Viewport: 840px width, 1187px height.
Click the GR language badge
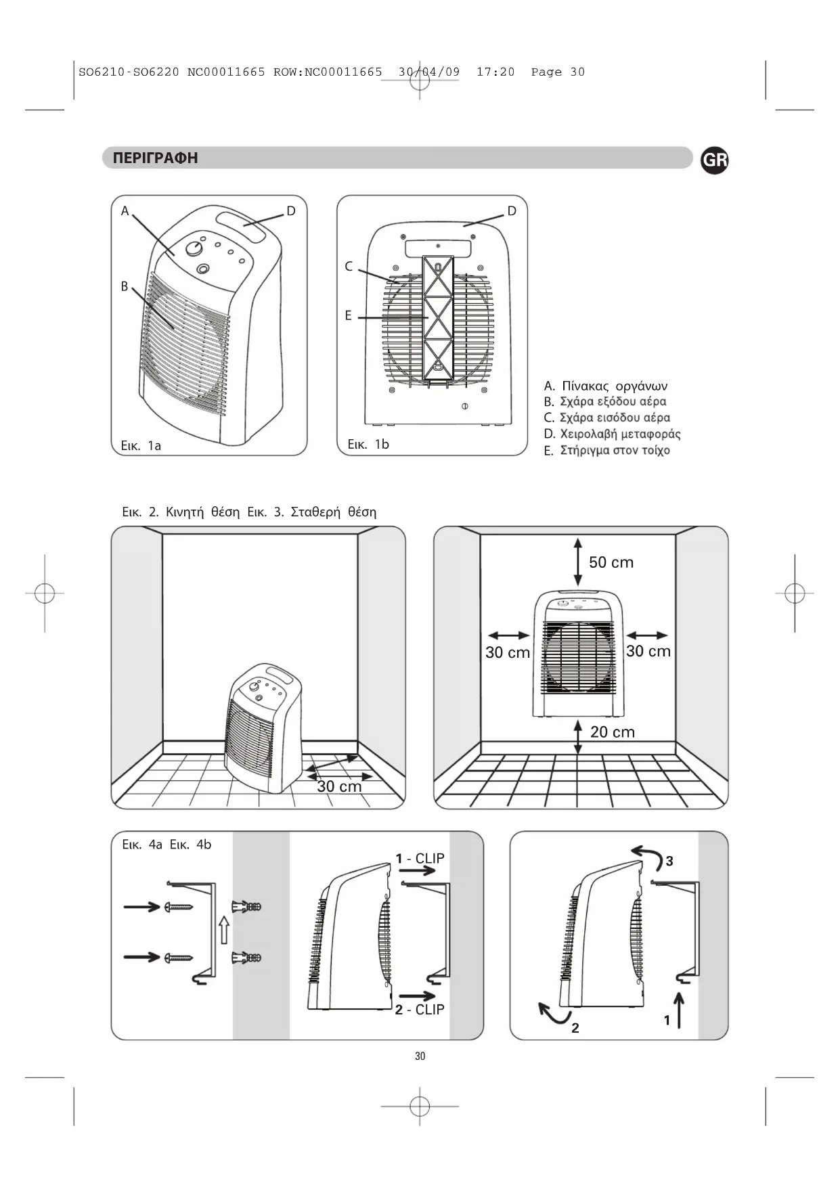click(x=714, y=160)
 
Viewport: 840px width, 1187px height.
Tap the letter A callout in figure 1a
click(x=125, y=211)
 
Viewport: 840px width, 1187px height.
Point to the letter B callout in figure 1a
click(x=125, y=286)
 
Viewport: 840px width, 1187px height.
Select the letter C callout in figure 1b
click(x=349, y=267)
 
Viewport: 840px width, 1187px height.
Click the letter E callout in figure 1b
click(x=349, y=315)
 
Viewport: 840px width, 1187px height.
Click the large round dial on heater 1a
click(x=194, y=248)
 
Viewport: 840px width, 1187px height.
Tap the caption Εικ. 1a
click(x=141, y=445)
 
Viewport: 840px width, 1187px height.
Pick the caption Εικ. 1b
click(x=368, y=444)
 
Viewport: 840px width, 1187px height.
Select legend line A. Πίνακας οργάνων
click(x=606, y=386)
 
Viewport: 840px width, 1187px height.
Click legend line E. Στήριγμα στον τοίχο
click(x=607, y=451)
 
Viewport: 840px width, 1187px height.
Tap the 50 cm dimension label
click(x=611, y=562)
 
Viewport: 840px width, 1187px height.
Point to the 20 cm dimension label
click(x=613, y=732)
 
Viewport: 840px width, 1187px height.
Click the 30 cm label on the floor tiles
click(x=339, y=786)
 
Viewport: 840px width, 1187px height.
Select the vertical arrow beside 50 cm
click(x=577, y=562)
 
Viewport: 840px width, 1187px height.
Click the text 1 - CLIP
click(x=420, y=858)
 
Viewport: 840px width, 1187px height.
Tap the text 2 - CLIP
click(x=420, y=1010)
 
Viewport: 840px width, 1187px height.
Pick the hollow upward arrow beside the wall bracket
click(x=225, y=930)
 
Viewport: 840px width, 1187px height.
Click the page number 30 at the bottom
click(x=420, y=1056)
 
